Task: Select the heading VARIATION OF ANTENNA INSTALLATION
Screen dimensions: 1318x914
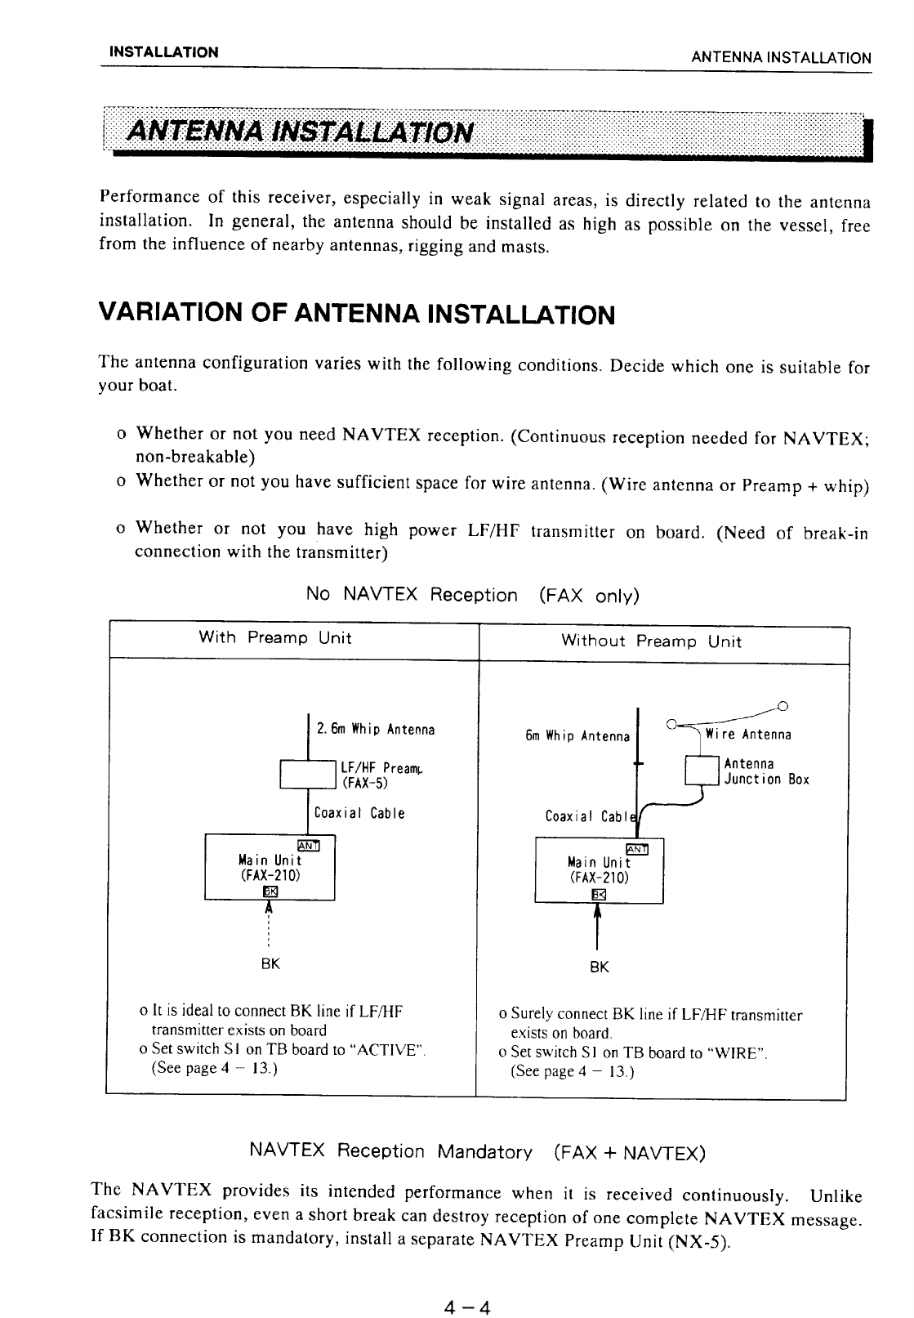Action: point(355,314)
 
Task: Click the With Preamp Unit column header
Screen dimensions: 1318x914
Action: point(275,638)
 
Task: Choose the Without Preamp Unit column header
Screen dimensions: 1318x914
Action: point(651,641)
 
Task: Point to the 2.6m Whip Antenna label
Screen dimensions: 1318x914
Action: point(375,729)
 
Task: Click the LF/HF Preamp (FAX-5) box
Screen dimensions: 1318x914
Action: point(308,774)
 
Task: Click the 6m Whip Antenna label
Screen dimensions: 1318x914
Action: point(577,736)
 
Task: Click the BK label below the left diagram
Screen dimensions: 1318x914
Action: point(270,964)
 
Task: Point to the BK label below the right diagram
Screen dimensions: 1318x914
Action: point(599,967)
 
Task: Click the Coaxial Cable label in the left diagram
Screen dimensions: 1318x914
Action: point(359,814)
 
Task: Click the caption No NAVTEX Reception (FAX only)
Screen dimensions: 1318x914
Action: point(472,595)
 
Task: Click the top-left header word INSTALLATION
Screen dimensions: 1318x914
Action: point(164,52)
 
